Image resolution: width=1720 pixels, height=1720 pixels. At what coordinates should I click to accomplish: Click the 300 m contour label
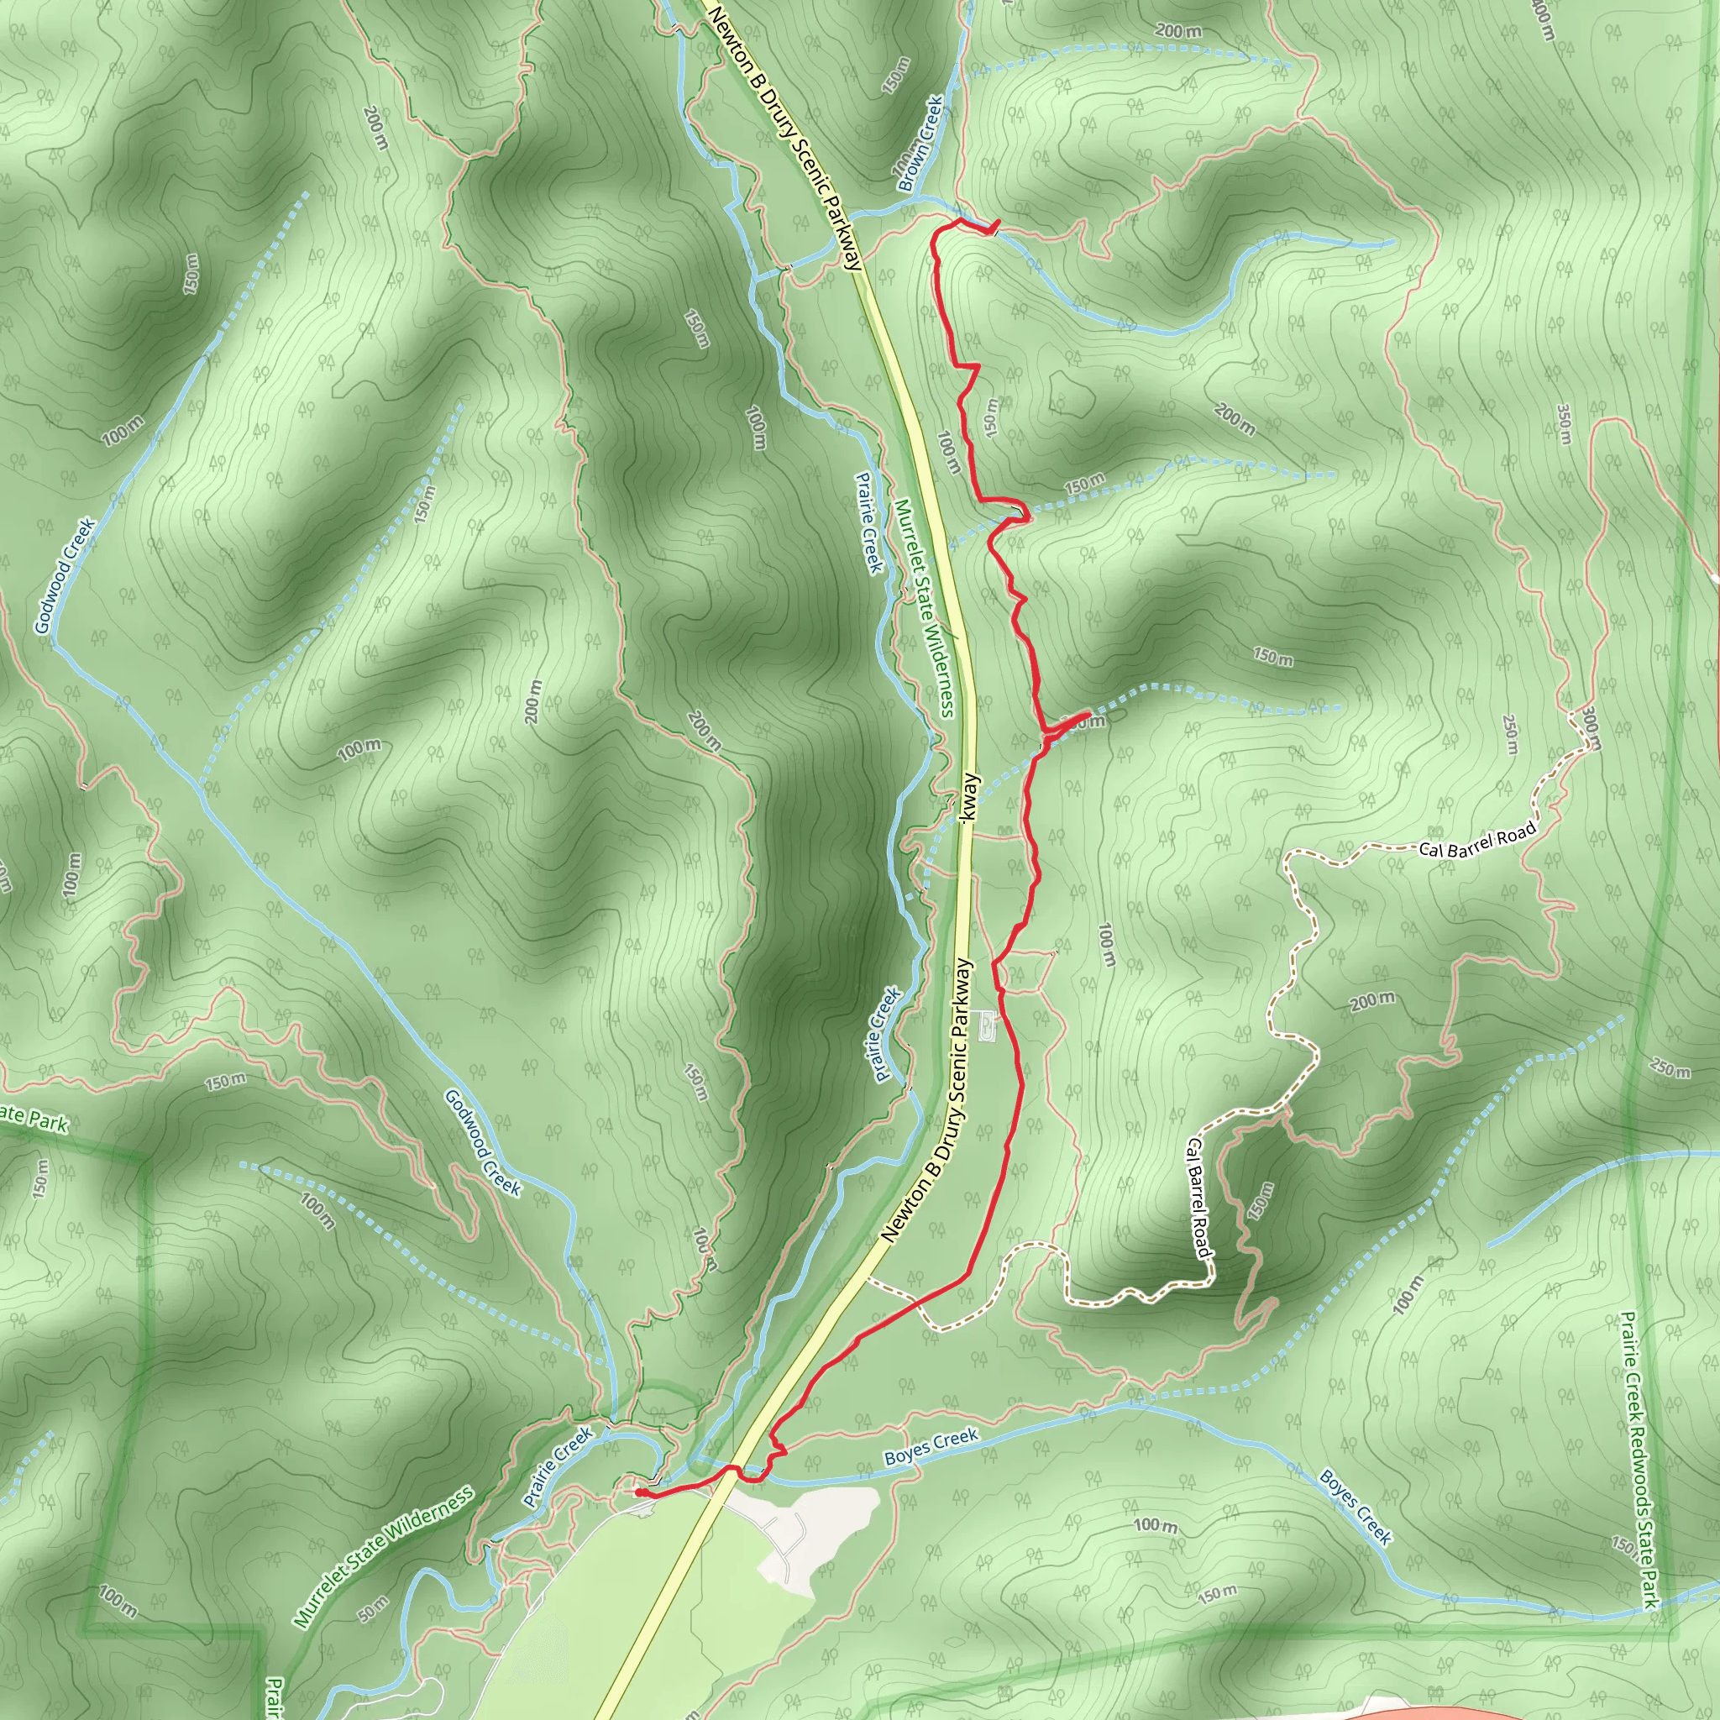point(1591,727)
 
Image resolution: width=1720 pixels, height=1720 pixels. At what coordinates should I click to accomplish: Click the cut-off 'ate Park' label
point(34,1118)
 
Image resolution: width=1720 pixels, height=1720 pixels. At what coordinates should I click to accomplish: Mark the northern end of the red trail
point(998,223)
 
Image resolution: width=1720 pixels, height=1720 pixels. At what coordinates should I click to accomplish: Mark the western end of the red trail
point(637,1492)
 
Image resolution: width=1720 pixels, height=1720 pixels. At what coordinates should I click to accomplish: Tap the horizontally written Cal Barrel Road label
point(1478,840)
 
